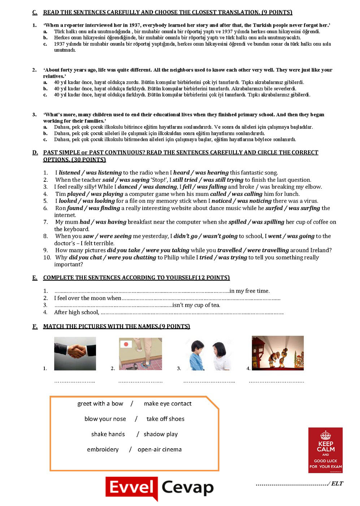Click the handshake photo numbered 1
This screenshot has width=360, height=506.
click(75, 353)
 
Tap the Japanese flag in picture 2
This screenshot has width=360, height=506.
click(126, 344)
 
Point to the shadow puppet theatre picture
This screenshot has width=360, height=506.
click(278, 353)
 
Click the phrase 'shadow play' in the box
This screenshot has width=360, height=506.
click(161, 434)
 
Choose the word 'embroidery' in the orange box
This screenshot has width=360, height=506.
click(103, 449)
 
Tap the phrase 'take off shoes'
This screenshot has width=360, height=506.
click(165, 419)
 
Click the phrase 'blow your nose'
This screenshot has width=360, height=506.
click(105, 419)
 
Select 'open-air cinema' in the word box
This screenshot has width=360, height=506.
click(160, 449)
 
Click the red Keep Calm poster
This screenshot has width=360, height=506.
click(325, 450)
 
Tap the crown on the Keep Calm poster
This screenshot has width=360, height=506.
click(325, 435)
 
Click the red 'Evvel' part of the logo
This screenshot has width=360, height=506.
click(132, 488)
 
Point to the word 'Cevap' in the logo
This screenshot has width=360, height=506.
click(187, 488)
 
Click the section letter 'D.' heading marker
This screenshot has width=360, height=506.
click(35, 153)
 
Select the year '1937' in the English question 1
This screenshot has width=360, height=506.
click(129, 25)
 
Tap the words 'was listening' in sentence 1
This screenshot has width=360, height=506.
click(104, 173)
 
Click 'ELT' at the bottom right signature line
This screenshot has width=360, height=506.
click(337, 484)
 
